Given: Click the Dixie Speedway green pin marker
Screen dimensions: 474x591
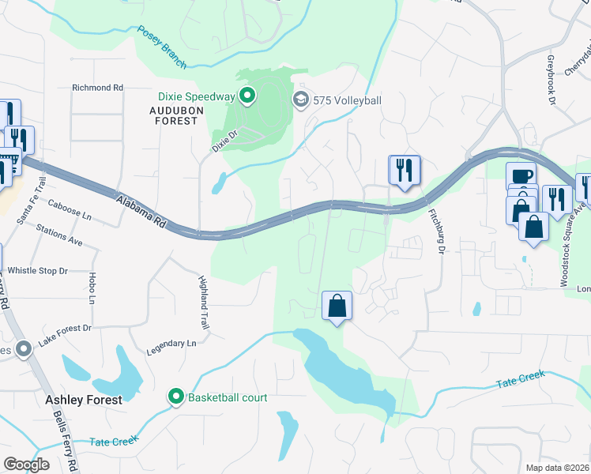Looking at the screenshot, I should click(247, 97).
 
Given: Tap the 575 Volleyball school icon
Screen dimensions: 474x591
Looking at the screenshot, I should click(300, 100).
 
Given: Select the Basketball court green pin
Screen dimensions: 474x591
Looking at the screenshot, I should click(178, 397).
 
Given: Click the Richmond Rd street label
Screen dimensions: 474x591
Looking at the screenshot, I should click(97, 88).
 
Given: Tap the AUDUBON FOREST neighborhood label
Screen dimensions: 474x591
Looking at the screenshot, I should click(174, 115).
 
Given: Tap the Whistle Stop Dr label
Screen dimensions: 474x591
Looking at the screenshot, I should click(38, 271).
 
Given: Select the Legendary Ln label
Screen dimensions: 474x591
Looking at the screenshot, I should click(171, 344).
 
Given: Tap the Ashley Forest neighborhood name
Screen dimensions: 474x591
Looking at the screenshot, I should click(84, 400).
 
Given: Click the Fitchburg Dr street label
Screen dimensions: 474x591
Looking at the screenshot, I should click(433, 230).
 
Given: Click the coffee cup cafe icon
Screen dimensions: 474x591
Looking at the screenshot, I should click(521, 176).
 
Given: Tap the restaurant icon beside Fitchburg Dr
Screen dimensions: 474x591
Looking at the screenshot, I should click(404, 169).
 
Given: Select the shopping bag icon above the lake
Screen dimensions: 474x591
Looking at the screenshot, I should click(337, 305).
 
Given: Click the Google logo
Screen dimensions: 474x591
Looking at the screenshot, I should click(27, 464).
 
